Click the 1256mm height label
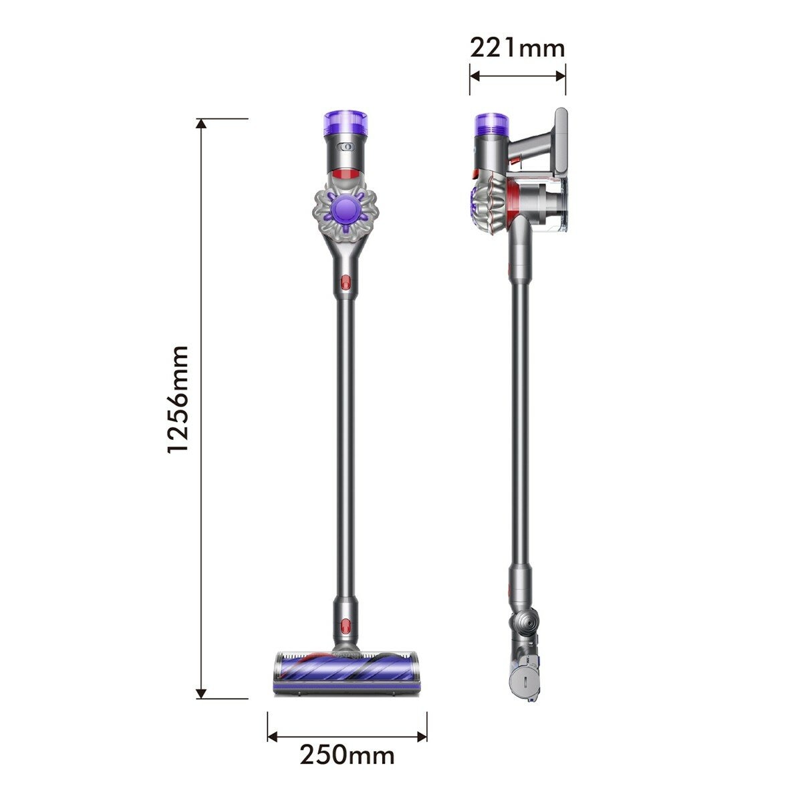tap(178, 400)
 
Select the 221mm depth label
tap(517, 48)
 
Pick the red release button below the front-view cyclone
tap(346, 283)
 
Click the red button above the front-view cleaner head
tap(346, 626)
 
